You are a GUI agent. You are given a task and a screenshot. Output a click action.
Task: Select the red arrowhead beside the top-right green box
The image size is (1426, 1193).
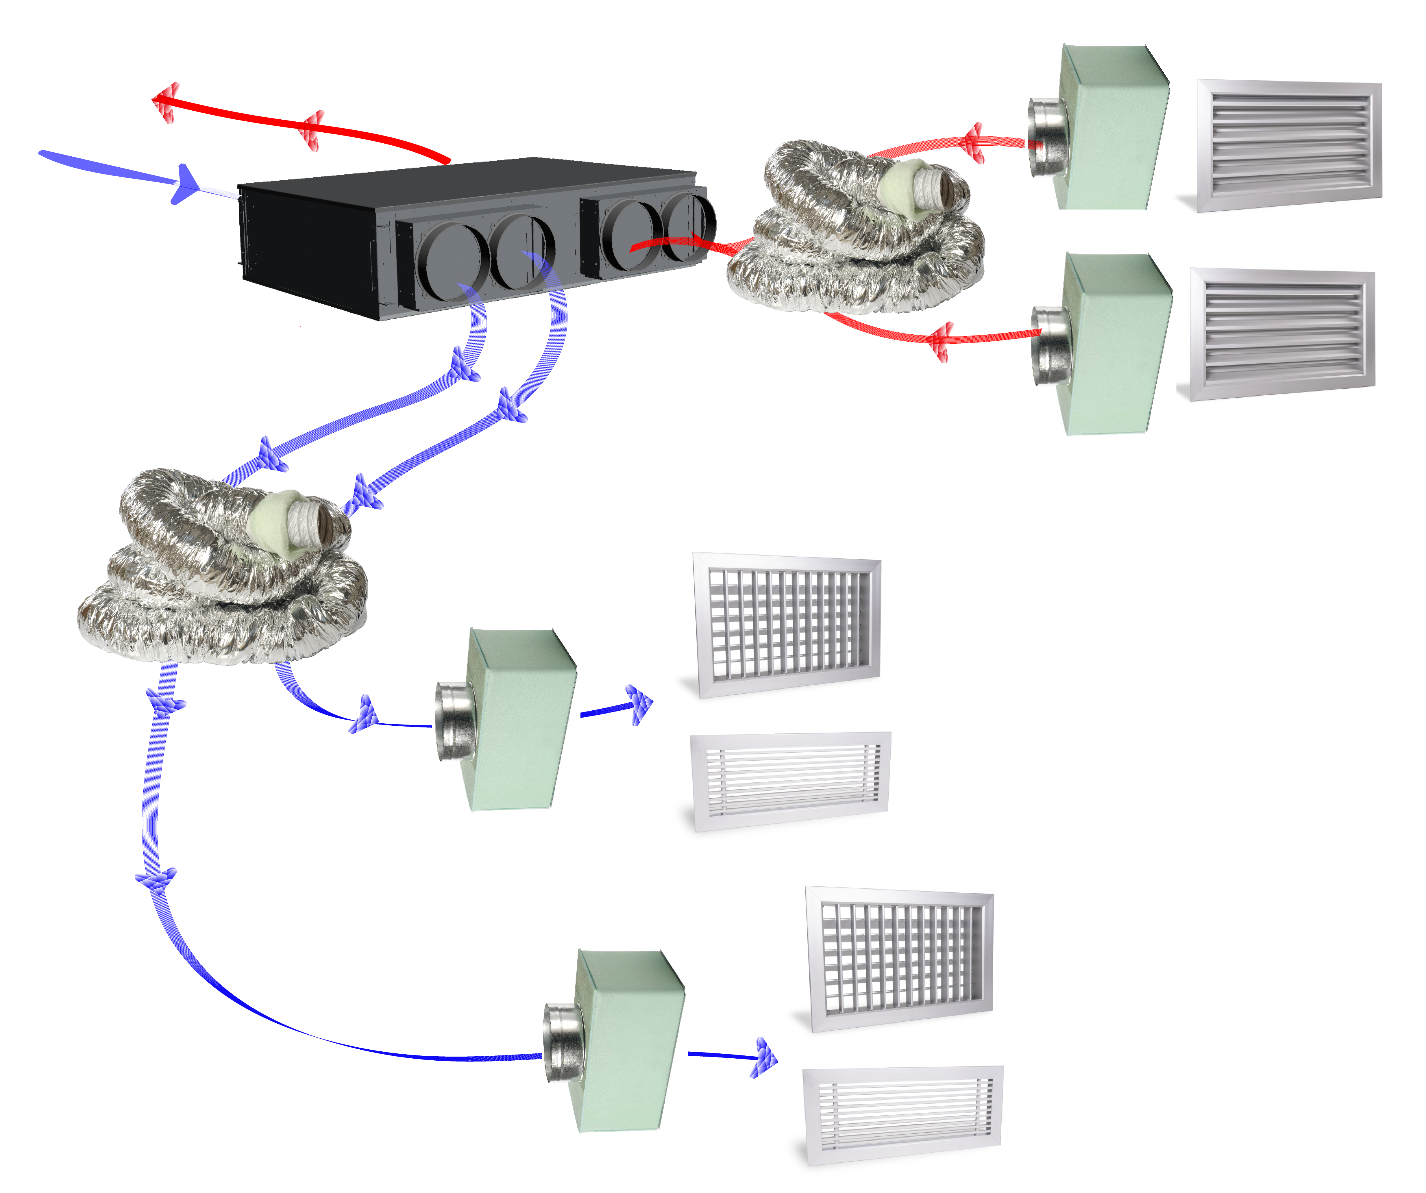pos(972,142)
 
